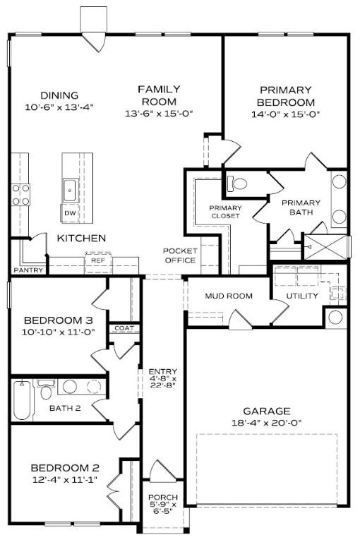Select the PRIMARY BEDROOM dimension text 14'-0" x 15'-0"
tap(285, 113)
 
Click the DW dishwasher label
tap(69, 212)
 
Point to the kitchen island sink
tap(70, 188)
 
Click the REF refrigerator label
tap(97, 260)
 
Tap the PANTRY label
tap(28, 270)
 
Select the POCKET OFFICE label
tap(179, 255)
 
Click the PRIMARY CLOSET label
tap(224, 212)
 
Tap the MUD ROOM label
tap(228, 296)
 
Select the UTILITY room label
tap(301, 296)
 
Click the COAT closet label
tap(124, 328)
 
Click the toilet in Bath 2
tap(47, 390)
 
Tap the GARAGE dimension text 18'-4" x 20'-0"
tap(266, 423)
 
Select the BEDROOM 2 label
tap(64, 468)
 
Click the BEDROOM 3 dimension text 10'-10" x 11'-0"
tap(59, 332)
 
